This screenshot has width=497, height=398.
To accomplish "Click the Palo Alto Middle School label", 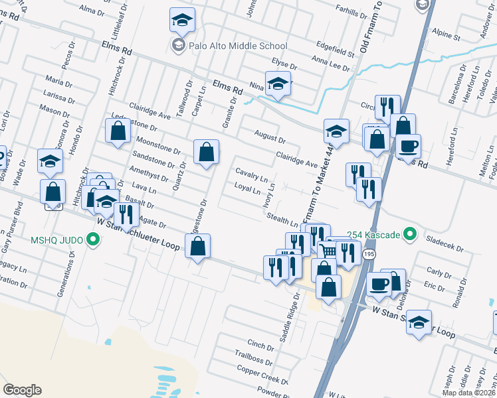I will pyautogui.click(x=238, y=46).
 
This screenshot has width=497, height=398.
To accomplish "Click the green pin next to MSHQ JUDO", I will pyautogui.click(x=94, y=239).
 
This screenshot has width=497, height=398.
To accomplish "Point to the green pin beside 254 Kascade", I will pyautogui.click(x=411, y=234).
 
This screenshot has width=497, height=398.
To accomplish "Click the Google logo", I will pyautogui.click(x=22, y=390).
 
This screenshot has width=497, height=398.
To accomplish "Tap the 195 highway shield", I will pyautogui.click(x=369, y=255).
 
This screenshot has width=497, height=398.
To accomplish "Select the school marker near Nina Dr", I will pyautogui.click(x=278, y=84).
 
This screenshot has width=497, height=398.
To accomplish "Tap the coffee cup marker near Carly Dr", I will pyautogui.click(x=379, y=284).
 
